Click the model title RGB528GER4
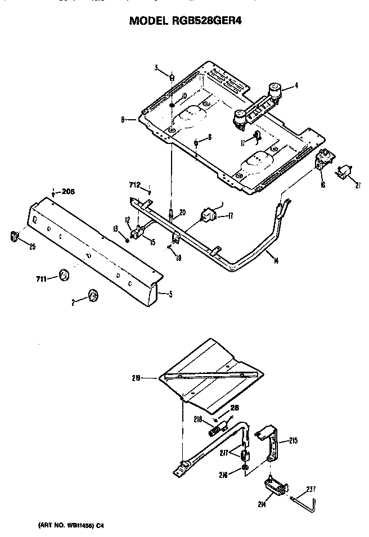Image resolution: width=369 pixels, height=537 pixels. click(186, 21)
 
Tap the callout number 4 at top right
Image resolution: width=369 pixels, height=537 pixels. click(296, 86)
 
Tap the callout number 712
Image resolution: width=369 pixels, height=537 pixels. click(134, 184)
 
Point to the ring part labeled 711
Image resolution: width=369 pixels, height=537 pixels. click(64, 275)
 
